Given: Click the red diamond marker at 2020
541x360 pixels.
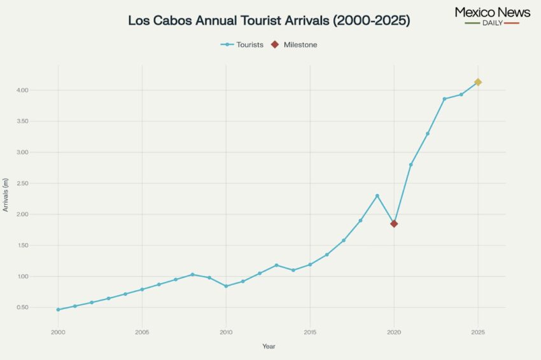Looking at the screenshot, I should [x=394, y=223].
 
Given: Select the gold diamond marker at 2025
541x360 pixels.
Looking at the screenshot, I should [x=478, y=82].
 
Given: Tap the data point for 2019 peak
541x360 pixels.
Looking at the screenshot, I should [x=377, y=195].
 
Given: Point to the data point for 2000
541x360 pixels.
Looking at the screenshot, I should [x=58, y=310].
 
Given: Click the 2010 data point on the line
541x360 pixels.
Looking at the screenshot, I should [x=226, y=286].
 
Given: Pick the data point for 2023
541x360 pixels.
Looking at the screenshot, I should [x=444, y=99].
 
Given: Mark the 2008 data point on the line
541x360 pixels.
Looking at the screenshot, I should [x=192, y=275].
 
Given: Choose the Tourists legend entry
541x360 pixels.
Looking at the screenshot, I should [x=242, y=45].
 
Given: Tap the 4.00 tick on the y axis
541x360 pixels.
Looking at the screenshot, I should [x=23, y=90].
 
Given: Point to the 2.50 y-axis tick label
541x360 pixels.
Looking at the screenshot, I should [x=23, y=183].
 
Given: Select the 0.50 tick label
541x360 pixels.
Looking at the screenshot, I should [x=23, y=308].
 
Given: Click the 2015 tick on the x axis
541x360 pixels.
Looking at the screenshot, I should [x=310, y=332].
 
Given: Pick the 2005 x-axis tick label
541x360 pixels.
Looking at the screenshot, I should [x=142, y=332].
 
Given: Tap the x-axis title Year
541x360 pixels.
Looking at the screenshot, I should [x=269, y=347].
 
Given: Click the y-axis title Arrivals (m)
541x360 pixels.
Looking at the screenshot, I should [x=6, y=195].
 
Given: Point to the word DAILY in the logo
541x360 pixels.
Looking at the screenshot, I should [x=492, y=23].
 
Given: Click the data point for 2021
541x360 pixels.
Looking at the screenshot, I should [x=411, y=165].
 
